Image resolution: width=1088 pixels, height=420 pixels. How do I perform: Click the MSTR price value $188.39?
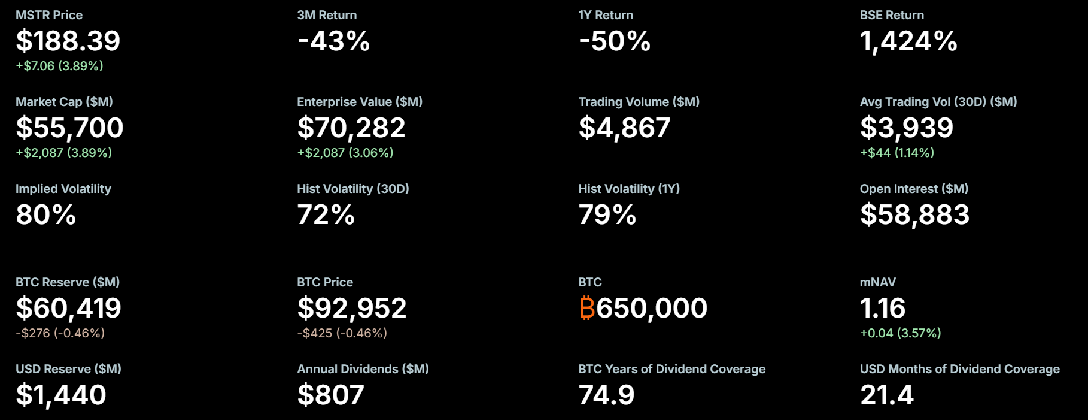tap(68, 41)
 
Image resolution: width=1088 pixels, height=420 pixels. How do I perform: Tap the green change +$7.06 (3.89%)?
tap(59, 66)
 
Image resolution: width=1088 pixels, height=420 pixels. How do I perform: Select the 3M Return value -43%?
tap(333, 41)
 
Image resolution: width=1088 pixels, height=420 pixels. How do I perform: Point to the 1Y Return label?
tap(605, 15)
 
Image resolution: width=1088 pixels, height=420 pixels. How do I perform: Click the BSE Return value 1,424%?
tap(908, 41)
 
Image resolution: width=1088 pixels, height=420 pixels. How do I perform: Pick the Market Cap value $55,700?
tap(69, 128)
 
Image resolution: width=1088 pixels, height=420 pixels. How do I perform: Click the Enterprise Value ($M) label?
tap(359, 102)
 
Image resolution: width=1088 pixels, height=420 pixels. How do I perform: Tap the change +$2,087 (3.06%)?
tap(345, 153)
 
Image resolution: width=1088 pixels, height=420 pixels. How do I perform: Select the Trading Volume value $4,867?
tap(624, 128)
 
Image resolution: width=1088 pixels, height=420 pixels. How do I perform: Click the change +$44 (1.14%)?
tap(896, 153)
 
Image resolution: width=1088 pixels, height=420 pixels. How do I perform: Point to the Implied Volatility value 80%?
tap(45, 214)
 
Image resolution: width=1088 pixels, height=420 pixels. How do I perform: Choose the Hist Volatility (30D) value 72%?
tap(326, 214)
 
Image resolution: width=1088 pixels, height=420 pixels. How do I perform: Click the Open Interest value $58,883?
tap(914, 214)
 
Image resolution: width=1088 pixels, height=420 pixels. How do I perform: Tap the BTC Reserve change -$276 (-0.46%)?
tap(60, 333)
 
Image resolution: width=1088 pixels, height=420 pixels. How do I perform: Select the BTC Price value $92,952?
tap(351, 308)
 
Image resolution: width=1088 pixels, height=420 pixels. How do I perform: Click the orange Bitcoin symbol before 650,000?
tap(587, 308)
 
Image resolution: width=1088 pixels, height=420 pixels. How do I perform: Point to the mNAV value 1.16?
tap(882, 308)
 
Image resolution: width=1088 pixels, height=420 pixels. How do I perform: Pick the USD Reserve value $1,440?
tap(60, 395)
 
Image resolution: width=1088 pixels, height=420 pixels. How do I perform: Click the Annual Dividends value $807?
tap(330, 395)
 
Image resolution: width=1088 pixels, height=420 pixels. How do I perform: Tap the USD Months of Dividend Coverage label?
tap(959, 369)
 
